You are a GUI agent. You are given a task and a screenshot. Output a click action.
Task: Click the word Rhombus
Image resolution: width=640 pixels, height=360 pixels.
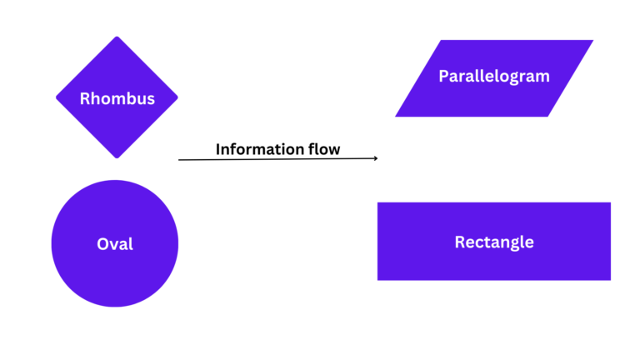point(117,98)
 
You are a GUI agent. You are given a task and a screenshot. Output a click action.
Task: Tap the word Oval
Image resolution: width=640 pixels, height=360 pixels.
point(115,244)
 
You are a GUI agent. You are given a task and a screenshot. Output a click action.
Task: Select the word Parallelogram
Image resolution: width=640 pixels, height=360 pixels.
point(494,76)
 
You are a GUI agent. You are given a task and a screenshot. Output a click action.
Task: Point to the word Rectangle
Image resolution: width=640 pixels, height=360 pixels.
point(494,242)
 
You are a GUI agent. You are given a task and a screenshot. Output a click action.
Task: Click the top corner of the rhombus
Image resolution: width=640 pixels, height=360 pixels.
point(117,37)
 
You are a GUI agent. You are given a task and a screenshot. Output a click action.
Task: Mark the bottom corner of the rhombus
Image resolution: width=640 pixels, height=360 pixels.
point(117,158)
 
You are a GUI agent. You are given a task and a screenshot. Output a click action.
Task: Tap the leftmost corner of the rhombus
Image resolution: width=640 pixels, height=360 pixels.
point(56,97)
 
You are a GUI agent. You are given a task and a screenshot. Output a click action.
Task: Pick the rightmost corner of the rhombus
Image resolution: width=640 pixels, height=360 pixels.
point(177,97)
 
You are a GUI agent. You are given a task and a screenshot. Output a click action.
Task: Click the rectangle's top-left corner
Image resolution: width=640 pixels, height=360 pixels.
point(377,202)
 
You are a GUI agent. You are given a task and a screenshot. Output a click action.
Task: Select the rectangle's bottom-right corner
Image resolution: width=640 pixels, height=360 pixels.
point(611,281)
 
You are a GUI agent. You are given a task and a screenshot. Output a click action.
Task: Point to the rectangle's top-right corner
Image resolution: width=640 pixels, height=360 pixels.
point(611,202)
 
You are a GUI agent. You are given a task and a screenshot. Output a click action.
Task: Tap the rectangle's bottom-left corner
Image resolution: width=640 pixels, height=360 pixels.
point(377,281)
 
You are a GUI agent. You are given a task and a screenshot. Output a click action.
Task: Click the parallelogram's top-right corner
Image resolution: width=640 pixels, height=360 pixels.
point(593,40)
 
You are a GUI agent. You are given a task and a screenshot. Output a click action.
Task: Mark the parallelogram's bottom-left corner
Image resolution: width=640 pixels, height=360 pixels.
point(395,117)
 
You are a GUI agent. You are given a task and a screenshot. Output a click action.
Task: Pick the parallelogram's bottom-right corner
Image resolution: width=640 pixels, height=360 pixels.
point(547,117)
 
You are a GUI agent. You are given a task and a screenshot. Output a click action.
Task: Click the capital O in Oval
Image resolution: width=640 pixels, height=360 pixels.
point(102,244)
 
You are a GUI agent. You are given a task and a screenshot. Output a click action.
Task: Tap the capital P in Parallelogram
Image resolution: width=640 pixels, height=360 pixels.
point(443,76)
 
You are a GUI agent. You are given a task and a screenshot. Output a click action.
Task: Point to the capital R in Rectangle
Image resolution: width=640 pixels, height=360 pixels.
point(459,242)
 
